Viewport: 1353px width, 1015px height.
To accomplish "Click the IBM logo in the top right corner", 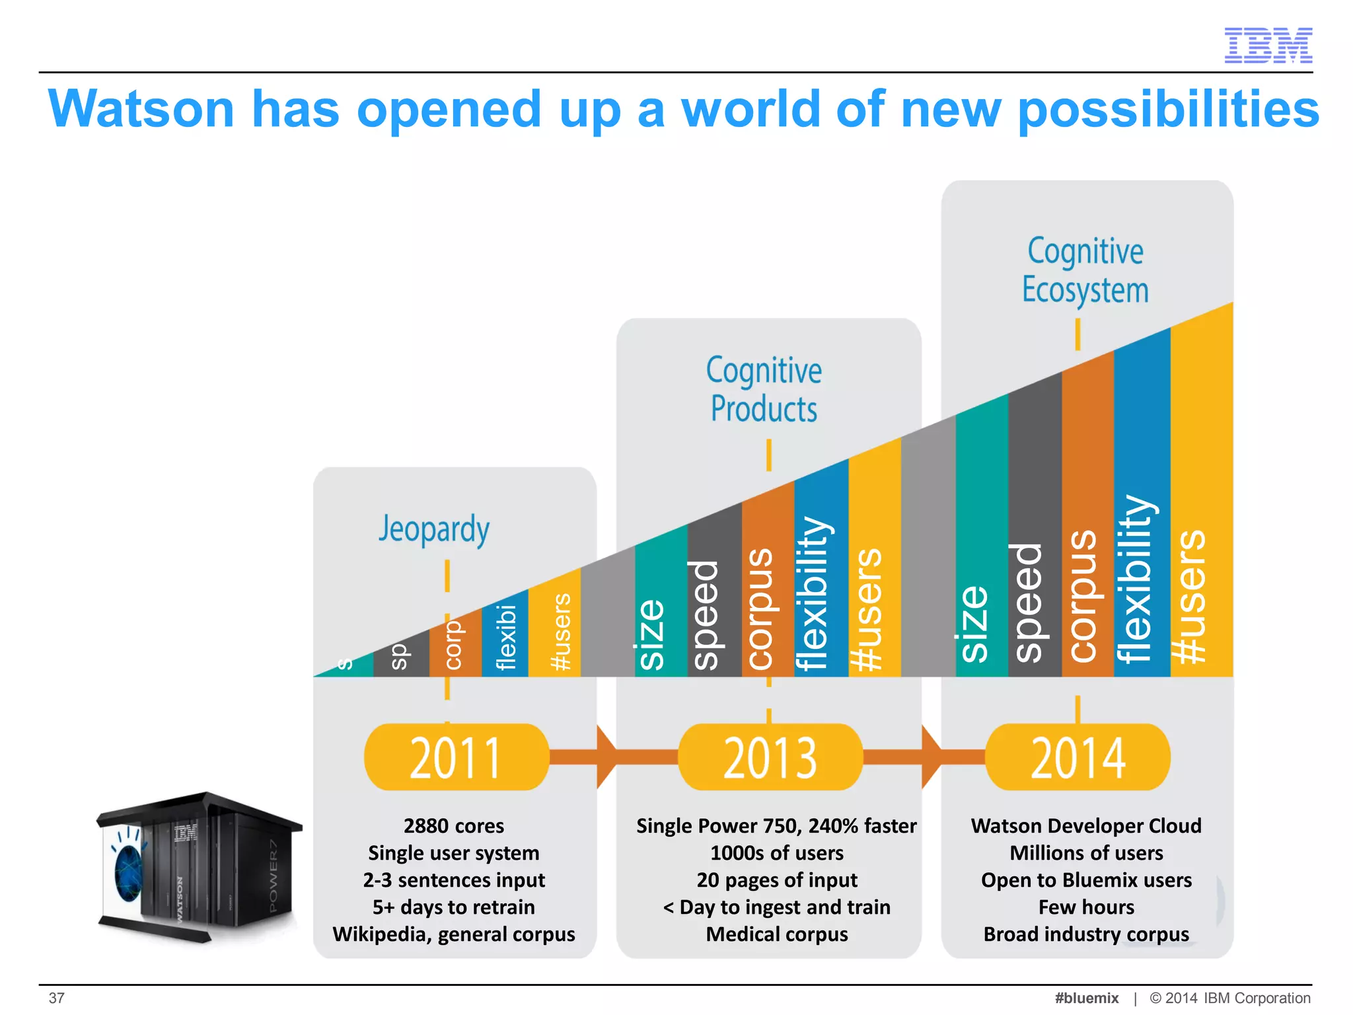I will point(1268,46).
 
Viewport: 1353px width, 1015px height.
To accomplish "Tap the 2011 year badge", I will point(456,757).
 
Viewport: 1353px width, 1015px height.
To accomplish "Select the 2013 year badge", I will point(770,757).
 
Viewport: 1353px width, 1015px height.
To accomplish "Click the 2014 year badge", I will point(1078,757).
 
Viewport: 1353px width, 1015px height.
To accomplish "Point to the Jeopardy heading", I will point(434,529).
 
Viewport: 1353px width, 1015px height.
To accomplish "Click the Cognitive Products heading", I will point(764,390).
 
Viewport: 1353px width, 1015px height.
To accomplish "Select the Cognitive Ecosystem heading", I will point(1085,271).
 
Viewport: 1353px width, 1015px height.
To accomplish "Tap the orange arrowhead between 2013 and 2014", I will point(930,757).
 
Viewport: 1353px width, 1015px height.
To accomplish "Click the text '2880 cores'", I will point(454,826).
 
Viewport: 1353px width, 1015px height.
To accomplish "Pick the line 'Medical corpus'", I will point(777,934).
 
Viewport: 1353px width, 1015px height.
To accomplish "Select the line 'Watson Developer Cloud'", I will point(1086,826).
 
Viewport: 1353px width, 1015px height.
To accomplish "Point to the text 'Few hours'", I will point(1086,907).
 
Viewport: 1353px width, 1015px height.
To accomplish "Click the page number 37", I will point(57,998).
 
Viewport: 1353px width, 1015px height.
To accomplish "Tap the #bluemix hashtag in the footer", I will point(1087,998).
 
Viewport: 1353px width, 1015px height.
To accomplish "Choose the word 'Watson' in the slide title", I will point(141,109).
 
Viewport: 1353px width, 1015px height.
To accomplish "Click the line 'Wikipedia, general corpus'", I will point(454,934).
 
